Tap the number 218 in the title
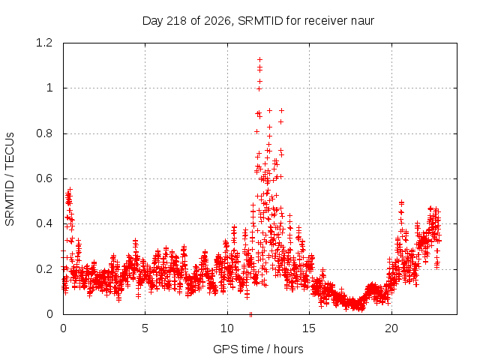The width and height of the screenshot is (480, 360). (177, 21)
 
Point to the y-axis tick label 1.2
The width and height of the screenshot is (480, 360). (44, 43)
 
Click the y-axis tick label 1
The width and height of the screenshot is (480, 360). (49, 88)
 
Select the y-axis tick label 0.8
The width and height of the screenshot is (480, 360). (44, 133)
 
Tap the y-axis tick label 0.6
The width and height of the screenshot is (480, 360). (44, 178)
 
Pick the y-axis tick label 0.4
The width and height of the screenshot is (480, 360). (44, 223)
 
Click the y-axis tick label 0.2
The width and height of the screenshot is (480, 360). (44, 269)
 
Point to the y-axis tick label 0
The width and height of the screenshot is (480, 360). (49, 314)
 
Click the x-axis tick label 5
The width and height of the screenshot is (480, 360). (145, 328)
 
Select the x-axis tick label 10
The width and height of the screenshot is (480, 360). (227, 328)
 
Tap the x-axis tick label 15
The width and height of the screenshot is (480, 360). (309, 328)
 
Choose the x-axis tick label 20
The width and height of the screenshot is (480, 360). (391, 328)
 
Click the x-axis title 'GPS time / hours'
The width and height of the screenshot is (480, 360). (258, 349)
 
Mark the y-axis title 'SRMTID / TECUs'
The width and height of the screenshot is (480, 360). (10, 179)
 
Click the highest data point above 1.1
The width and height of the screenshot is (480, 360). (260, 59)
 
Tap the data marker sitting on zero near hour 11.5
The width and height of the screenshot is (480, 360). (250, 314)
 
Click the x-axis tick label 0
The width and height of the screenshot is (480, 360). (63, 328)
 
